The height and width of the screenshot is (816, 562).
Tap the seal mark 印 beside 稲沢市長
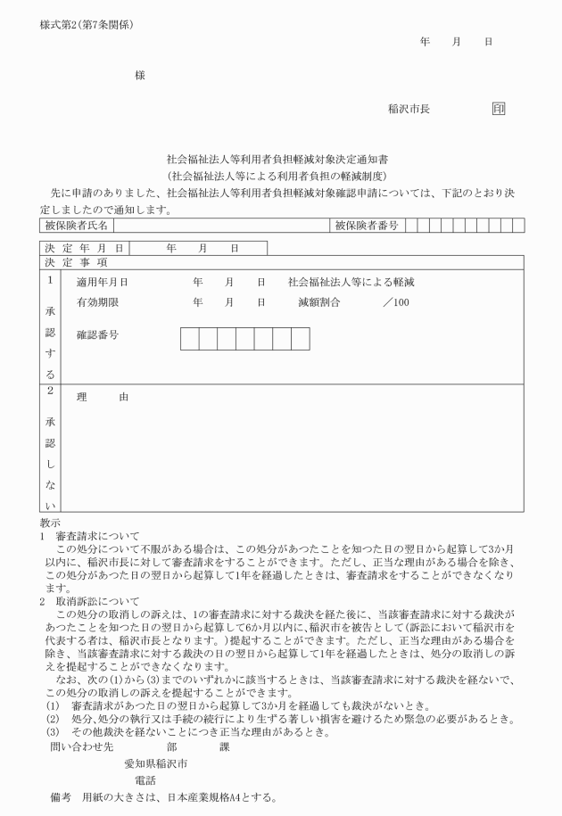tap(499, 110)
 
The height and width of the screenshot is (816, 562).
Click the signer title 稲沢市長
tap(409, 110)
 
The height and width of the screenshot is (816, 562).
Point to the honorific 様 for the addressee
tap(140, 76)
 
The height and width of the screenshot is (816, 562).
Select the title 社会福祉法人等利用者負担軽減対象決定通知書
tap(283, 159)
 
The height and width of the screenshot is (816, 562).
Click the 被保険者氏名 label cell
tap(76, 227)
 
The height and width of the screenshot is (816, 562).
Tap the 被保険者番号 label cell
tap(367, 227)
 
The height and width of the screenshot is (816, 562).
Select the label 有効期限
tap(98, 303)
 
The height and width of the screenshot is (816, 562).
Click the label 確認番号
tap(98, 336)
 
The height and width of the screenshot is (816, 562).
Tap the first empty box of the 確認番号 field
tap(190, 339)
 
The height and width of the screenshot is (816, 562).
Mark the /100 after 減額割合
tap(395, 303)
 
